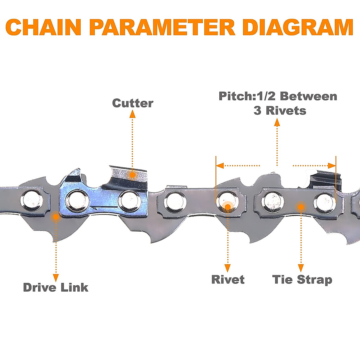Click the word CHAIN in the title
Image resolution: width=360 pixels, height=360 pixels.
pos(43,27)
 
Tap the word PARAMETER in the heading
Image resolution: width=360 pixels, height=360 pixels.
pos(162,27)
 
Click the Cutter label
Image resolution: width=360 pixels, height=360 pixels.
pos(133,103)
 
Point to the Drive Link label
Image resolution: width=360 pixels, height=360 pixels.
pos(56,287)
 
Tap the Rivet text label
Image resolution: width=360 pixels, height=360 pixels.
pos(228,280)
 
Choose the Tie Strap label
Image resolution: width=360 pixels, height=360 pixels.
pos(302,280)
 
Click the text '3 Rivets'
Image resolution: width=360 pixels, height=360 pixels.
pos(280,111)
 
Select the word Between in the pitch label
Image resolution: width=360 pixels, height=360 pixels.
pos(308,96)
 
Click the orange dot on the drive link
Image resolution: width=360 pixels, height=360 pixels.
pos(55,216)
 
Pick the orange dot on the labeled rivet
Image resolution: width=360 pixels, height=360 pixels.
pos(228,207)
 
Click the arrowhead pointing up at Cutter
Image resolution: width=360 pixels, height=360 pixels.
pos(132,114)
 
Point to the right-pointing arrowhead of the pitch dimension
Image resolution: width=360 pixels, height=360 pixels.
pos(332,166)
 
